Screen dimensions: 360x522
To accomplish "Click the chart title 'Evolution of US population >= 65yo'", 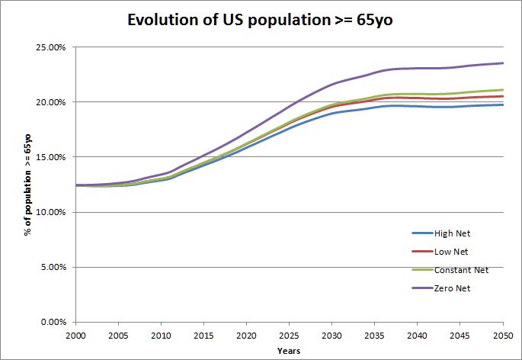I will pyautogui.click(x=261, y=21).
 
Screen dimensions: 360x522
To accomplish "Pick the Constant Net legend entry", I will pyautogui.click(x=460, y=269).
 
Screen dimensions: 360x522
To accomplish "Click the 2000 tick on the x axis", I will pyautogui.click(x=75, y=336).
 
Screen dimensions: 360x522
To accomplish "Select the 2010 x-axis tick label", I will pyautogui.click(x=161, y=336).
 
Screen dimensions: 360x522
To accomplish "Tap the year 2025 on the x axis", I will pyautogui.click(x=289, y=336).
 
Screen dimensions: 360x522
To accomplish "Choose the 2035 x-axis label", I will pyautogui.click(x=374, y=336).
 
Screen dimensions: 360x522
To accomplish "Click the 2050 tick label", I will pyautogui.click(x=502, y=336).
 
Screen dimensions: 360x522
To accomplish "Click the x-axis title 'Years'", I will pyautogui.click(x=289, y=351).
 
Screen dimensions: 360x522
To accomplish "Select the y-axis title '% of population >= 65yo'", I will pyautogui.click(x=27, y=184).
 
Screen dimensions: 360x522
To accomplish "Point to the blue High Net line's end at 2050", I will pyautogui.click(x=503, y=104).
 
